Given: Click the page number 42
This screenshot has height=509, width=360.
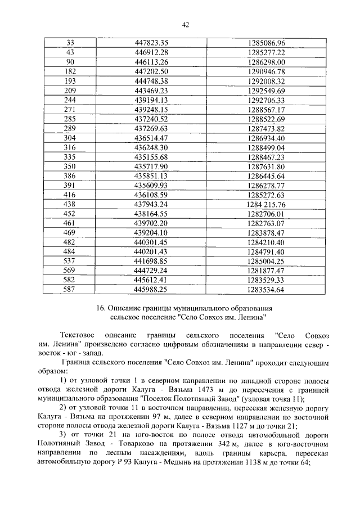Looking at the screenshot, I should click(184, 24).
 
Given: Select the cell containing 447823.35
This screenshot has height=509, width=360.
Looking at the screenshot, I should click(152, 43).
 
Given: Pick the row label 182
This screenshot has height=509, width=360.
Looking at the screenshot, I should click(70, 71).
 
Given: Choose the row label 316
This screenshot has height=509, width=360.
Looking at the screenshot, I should click(70, 147).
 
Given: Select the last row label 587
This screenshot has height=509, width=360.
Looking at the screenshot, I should click(70, 290).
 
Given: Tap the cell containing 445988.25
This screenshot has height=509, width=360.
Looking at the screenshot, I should click(152, 290).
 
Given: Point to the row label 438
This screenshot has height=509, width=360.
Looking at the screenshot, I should click(70, 204).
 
